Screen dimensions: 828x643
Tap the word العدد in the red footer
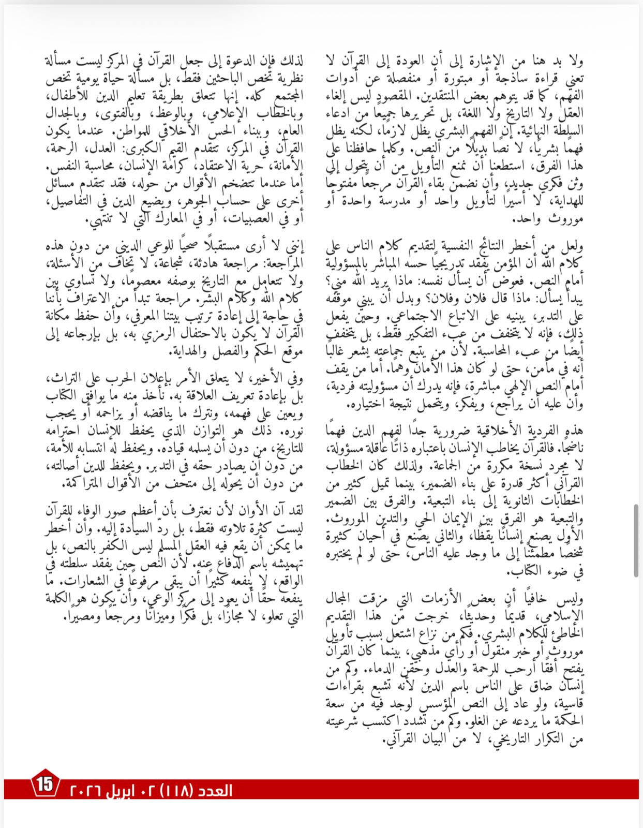216,791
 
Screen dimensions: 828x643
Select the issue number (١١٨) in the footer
178,791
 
